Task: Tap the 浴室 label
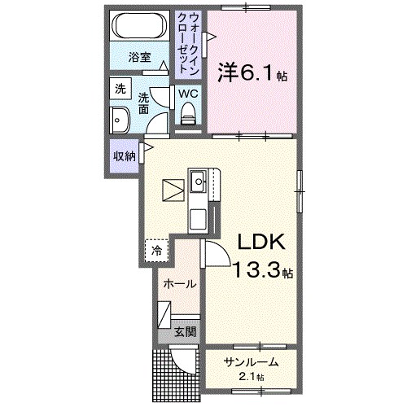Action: point(140,57)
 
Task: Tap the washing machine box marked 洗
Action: point(120,89)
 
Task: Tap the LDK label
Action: point(261,243)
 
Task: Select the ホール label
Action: point(178,283)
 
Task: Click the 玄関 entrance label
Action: point(185,331)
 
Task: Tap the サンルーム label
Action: point(252,362)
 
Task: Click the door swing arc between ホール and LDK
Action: point(213,254)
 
